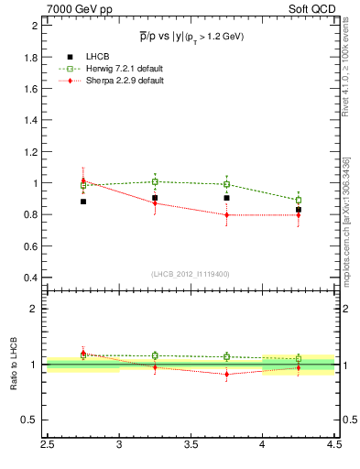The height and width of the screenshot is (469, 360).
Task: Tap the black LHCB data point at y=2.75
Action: point(82,201)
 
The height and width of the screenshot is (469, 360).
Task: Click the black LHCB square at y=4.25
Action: point(299,210)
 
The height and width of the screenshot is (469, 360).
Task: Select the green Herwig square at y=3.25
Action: point(155,181)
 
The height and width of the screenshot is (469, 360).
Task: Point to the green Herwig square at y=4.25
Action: point(299,200)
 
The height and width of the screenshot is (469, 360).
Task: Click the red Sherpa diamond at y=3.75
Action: point(226,215)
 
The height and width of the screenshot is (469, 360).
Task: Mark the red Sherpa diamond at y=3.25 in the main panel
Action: point(155,203)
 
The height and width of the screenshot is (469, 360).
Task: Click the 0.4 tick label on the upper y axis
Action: point(32,278)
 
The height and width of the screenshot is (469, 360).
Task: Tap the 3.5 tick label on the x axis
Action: point(191,446)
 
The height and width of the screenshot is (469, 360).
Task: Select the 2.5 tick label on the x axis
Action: point(47,446)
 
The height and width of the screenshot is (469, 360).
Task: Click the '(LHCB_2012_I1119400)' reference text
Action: point(190,274)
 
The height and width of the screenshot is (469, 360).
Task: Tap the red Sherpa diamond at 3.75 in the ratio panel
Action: point(226,374)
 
